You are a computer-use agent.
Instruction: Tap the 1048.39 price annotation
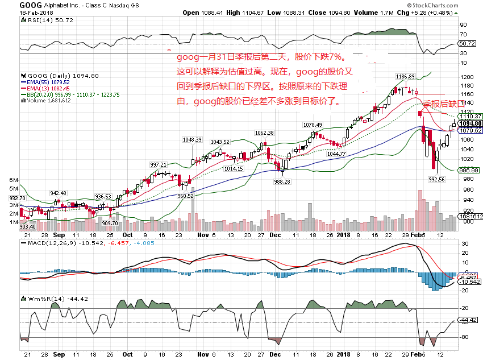coord(191,139)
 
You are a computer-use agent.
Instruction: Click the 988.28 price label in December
coord(282,181)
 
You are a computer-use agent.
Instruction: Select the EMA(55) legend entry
coord(45,82)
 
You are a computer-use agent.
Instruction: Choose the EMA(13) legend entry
coord(45,88)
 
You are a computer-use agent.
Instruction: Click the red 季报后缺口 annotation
coord(444,104)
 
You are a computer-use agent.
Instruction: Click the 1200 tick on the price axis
coord(469,77)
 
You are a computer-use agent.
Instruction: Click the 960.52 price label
coord(186,195)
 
